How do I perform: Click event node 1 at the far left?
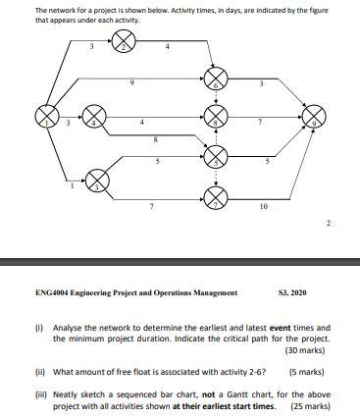coord(46,118)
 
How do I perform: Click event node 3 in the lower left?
coord(98,180)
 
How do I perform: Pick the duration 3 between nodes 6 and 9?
coord(261,81)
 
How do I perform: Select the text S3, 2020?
coord(294,291)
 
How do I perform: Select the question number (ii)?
coord(40,372)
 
